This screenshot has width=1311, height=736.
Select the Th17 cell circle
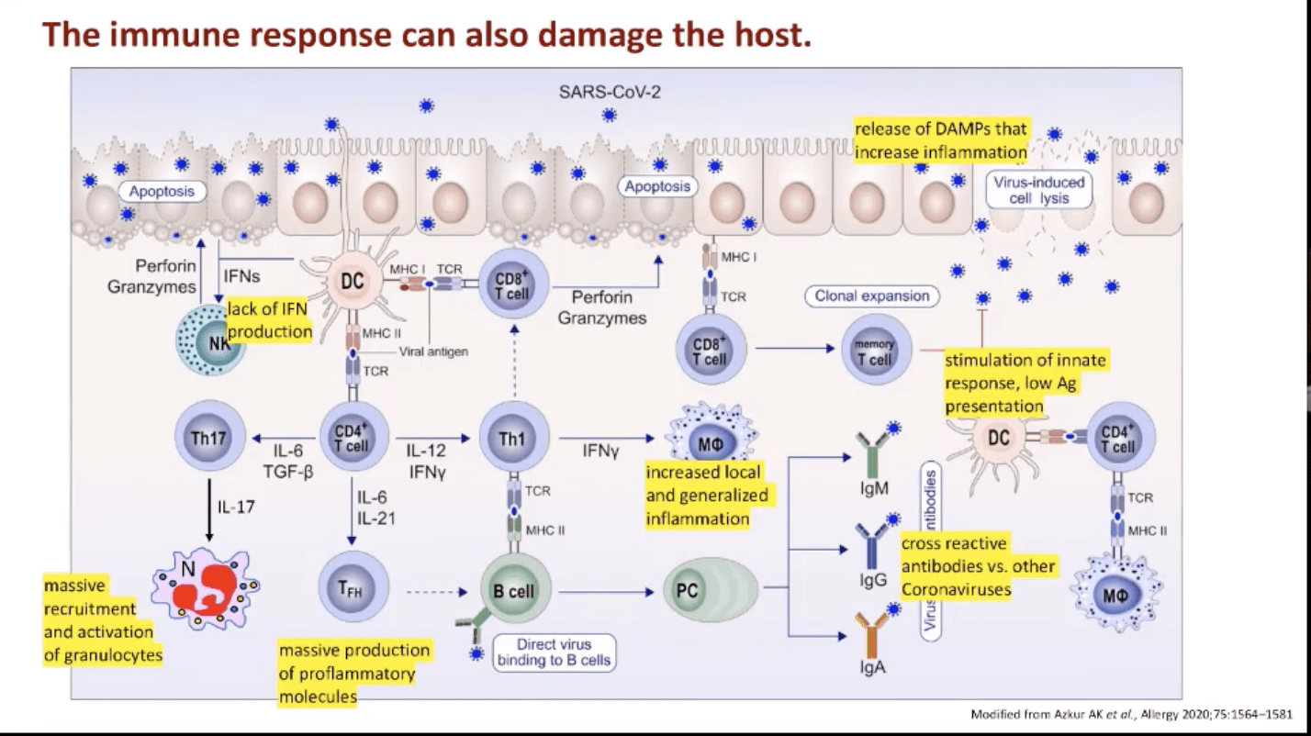tap(209, 437)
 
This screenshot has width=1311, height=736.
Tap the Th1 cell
tap(512, 437)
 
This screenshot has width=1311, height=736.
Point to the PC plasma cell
tap(688, 591)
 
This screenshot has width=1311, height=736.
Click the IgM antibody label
tap(874, 487)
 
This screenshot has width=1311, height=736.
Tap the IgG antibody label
tap(874, 581)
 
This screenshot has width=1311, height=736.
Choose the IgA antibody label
tap(873, 667)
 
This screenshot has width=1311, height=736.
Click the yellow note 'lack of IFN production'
tap(268, 320)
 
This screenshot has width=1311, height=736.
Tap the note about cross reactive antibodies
tap(977, 565)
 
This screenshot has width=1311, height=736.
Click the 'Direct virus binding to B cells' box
tap(554, 652)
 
